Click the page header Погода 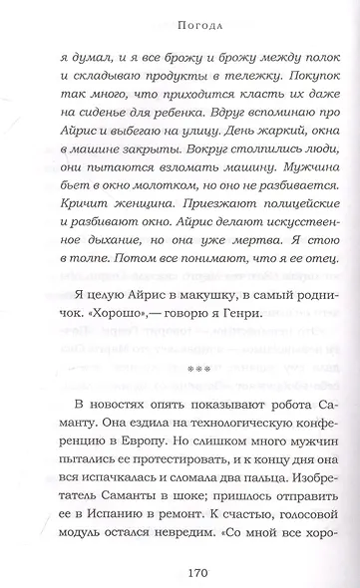pos(180,18)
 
